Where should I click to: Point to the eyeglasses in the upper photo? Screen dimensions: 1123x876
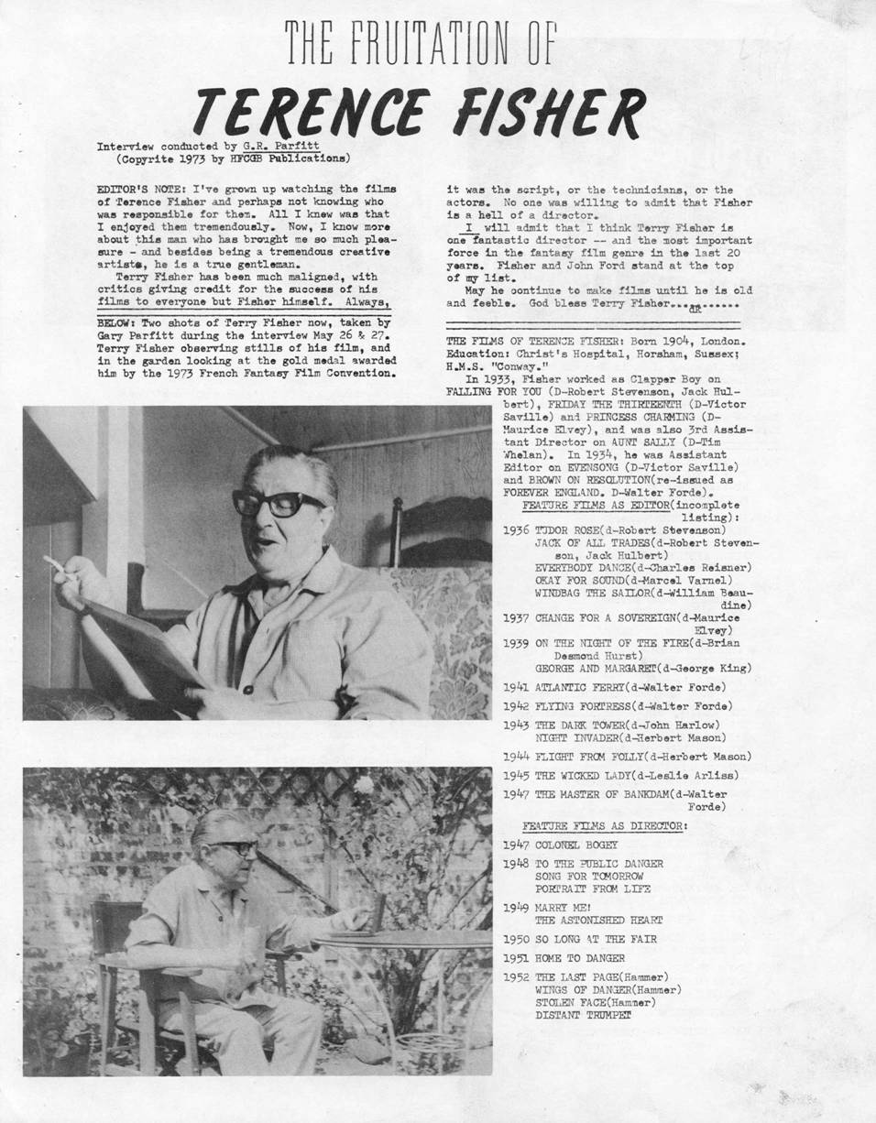pyautogui.click(x=278, y=502)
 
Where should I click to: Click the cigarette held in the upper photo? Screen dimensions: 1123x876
pyautogui.click(x=54, y=564)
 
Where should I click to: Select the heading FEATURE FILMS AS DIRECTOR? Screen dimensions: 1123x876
pyautogui.click(x=605, y=825)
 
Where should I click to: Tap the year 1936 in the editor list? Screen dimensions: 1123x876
pyautogui.click(x=516, y=529)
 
